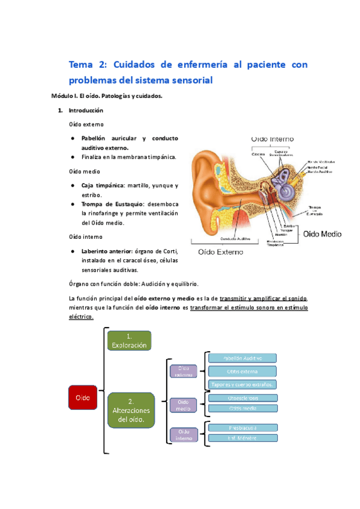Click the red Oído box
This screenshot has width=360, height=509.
82,398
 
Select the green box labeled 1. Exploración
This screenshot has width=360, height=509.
130,340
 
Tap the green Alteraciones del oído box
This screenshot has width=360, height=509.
130,410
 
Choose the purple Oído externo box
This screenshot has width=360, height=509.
184,372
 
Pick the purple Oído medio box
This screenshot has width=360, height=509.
184,405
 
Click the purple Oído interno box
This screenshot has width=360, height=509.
184,435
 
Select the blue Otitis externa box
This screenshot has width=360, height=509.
242,372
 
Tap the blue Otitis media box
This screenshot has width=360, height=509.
242,409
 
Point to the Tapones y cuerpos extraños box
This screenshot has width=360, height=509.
242,384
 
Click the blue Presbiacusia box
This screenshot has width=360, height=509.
242,428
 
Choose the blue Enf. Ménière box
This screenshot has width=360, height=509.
242,438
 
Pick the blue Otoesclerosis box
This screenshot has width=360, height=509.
242,397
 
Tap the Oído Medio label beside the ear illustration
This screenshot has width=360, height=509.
323,233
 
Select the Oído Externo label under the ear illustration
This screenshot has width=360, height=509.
217,253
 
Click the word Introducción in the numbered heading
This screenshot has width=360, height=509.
86,110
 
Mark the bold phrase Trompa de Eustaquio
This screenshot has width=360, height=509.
109,205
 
